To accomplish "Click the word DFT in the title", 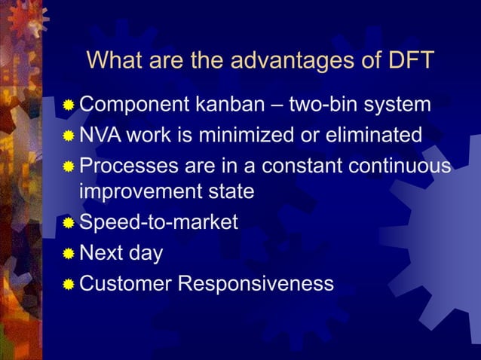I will click(407, 60).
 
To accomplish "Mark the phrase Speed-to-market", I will click(158, 223).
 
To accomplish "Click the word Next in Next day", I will click(103, 253).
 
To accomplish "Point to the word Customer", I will click(125, 283).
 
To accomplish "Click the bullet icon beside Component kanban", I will click(69, 105).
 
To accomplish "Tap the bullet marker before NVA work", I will click(69, 136).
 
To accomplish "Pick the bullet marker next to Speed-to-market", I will click(69, 224).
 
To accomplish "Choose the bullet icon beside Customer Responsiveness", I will click(69, 284).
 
